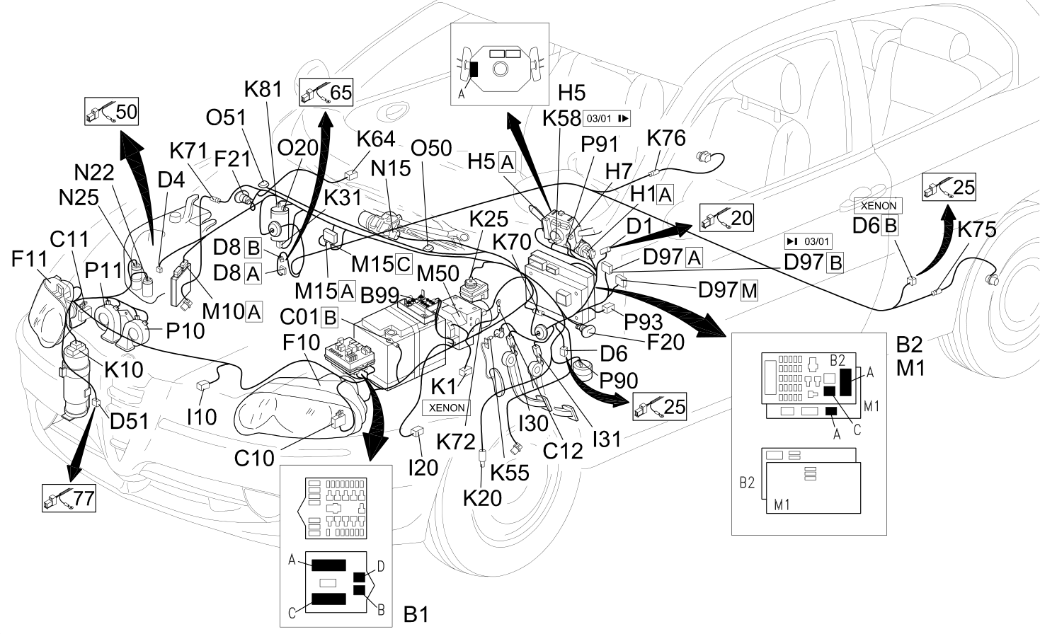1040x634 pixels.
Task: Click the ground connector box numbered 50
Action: click(x=111, y=111)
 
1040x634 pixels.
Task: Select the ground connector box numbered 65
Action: click(x=326, y=92)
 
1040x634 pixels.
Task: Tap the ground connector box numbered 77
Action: click(x=69, y=498)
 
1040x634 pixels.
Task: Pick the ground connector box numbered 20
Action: click(x=726, y=218)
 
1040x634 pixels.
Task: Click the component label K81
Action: click(x=263, y=89)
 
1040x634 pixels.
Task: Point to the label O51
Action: click(x=226, y=118)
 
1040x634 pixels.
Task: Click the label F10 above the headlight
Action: click(x=302, y=342)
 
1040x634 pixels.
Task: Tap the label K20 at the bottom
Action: click(x=482, y=498)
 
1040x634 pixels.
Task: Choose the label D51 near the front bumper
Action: click(x=129, y=421)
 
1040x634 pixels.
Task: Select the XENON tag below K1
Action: click(x=446, y=408)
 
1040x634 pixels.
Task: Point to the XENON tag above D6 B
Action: click(x=879, y=205)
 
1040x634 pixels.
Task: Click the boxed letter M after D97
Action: click(x=749, y=291)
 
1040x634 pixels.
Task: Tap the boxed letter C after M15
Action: click(x=404, y=264)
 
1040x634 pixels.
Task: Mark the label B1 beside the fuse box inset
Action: click(x=416, y=614)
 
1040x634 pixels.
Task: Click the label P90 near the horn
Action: click(x=619, y=381)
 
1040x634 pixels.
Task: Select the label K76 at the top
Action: click(x=666, y=138)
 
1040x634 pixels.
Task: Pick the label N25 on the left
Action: click(x=79, y=197)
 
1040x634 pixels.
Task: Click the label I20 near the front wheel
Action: click(x=423, y=468)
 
